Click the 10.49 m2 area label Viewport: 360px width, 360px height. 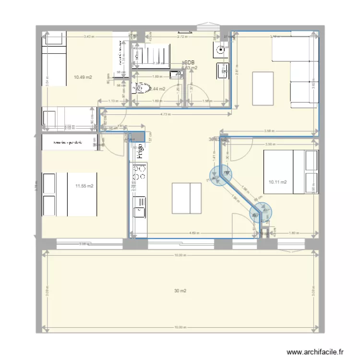[x=83, y=77]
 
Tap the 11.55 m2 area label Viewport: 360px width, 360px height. [x=84, y=186]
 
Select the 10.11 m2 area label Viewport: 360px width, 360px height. [x=278, y=182]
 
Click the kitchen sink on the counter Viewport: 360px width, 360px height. [x=140, y=210]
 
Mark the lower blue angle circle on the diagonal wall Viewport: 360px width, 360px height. [x=260, y=212]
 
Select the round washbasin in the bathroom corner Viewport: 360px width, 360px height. [x=221, y=48]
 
